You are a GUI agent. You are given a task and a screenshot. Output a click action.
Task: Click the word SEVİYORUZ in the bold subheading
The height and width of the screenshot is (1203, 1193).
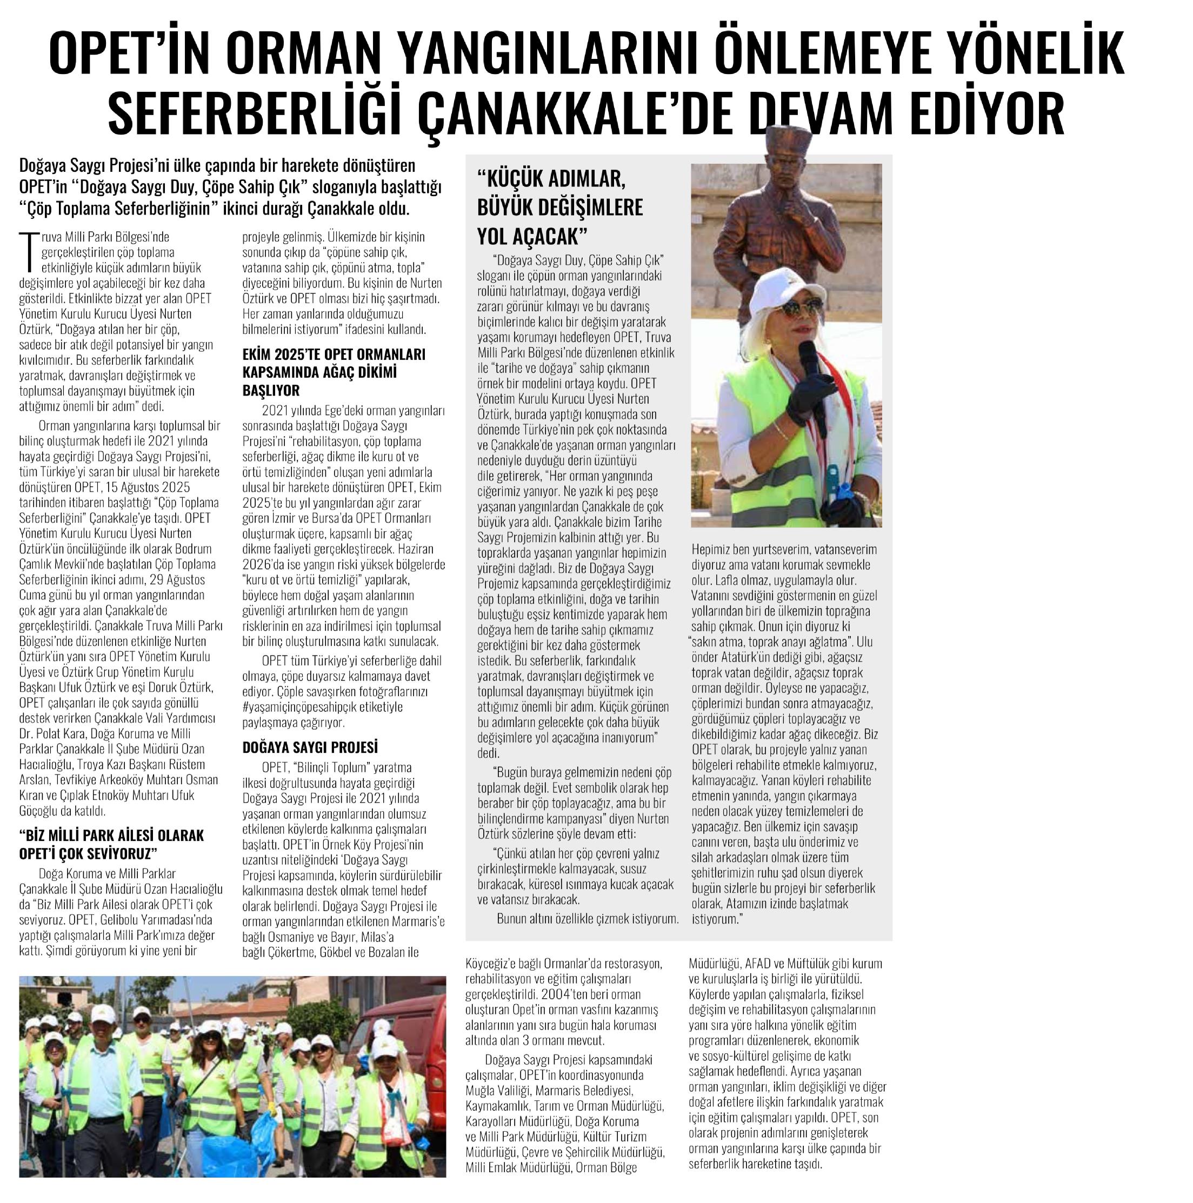[120, 852]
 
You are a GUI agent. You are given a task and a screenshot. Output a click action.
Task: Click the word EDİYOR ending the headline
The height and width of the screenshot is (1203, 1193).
[1009, 116]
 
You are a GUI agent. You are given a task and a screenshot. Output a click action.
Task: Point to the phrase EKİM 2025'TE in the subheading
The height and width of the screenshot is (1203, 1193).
[283, 355]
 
